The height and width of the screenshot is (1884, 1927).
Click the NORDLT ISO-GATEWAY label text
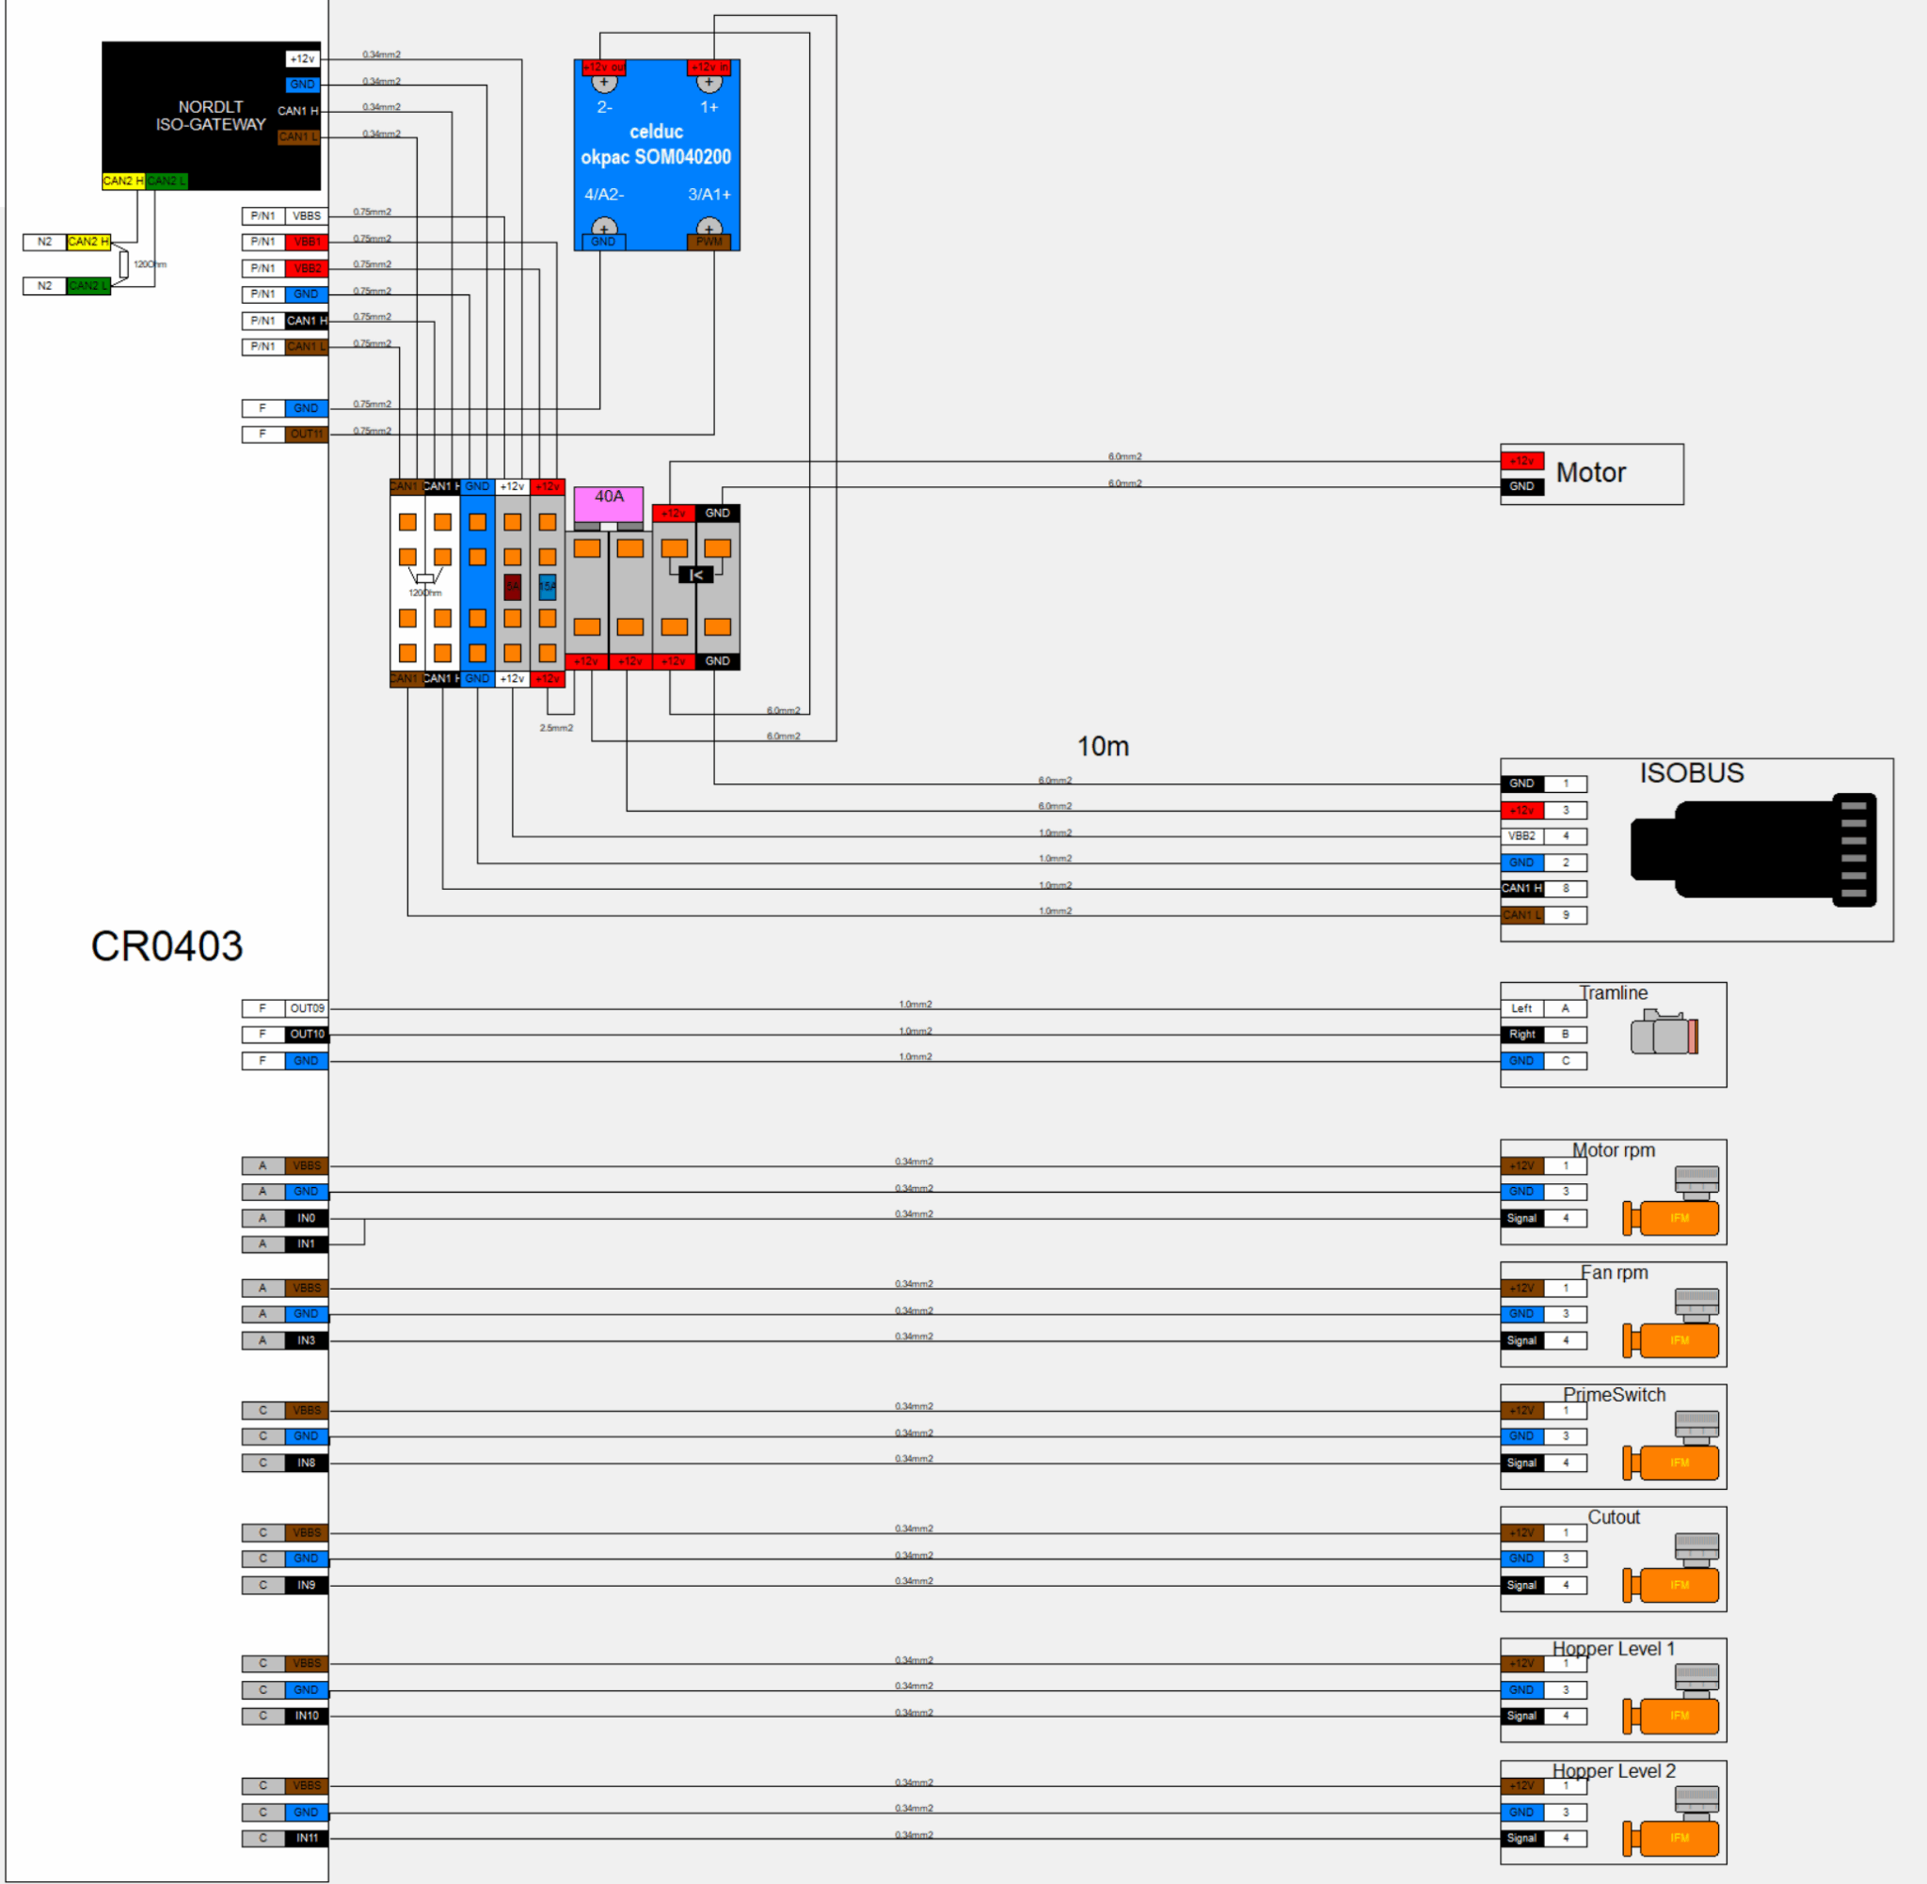(210, 116)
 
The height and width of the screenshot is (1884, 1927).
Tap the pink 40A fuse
(609, 502)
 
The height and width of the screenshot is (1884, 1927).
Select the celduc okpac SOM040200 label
(655, 145)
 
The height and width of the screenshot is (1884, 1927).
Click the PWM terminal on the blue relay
(709, 242)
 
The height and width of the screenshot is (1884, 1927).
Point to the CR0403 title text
(167, 946)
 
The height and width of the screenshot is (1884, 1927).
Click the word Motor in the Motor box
(1590, 473)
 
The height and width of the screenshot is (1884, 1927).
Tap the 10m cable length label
(1103, 746)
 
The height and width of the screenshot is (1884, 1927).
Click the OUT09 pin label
(307, 1008)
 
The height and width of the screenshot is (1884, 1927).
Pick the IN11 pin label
(307, 1839)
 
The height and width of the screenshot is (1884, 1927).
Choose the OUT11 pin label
(306, 435)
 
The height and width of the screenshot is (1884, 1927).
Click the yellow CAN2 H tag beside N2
(88, 242)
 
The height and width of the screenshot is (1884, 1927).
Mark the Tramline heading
(1614, 992)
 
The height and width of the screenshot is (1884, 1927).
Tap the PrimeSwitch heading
(1615, 1395)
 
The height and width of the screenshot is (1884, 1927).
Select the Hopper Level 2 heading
(1614, 1771)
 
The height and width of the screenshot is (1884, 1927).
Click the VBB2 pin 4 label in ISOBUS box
(1522, 836)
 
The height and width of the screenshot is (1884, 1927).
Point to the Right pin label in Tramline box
(1522, 1035)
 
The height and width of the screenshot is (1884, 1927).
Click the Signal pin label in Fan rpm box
(1522, 1340)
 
